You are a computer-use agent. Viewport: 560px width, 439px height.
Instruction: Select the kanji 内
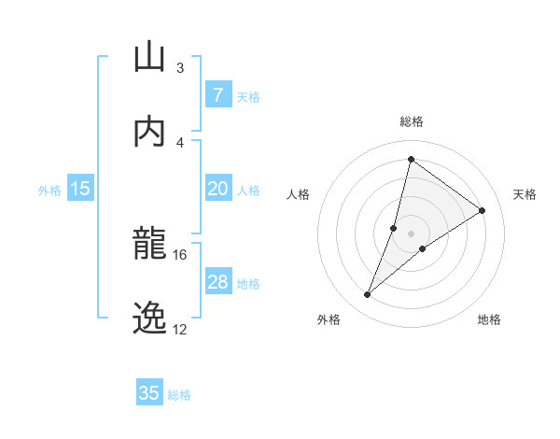tap(149, 131)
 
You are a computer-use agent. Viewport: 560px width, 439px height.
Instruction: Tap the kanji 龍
tap(149, 244)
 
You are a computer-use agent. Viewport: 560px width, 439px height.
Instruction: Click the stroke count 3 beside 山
tap(180, 67)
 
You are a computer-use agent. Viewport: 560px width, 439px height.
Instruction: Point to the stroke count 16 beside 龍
tap(180, 254)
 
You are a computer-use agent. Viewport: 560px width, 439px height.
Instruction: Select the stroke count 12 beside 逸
tap(180, 329)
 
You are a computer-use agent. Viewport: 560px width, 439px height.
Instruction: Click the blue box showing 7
tap(217, 95)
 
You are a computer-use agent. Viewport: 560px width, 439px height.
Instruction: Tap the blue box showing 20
tap(217, 189)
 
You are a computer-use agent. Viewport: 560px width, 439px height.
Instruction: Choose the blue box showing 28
tap(217, 282)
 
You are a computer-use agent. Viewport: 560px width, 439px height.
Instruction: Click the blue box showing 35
tap(149, 393)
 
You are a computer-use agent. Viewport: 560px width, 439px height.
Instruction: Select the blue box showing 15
tap(80, 189)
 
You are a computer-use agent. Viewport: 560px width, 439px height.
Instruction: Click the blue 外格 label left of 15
tap(49, 190)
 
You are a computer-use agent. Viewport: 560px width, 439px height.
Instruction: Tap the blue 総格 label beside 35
tap(179, 394)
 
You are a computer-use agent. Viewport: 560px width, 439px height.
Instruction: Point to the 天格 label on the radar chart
tap(525, 194)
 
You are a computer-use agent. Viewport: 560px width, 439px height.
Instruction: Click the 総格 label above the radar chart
tap(412, 121)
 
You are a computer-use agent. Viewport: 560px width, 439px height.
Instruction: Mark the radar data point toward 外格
tap(368, 295)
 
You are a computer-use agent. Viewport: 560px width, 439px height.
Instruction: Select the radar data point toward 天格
tap(483, 211)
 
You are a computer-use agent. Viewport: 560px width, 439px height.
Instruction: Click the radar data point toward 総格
tap(411, 159)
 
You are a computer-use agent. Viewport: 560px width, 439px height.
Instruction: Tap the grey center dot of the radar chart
tap(412, 234)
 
